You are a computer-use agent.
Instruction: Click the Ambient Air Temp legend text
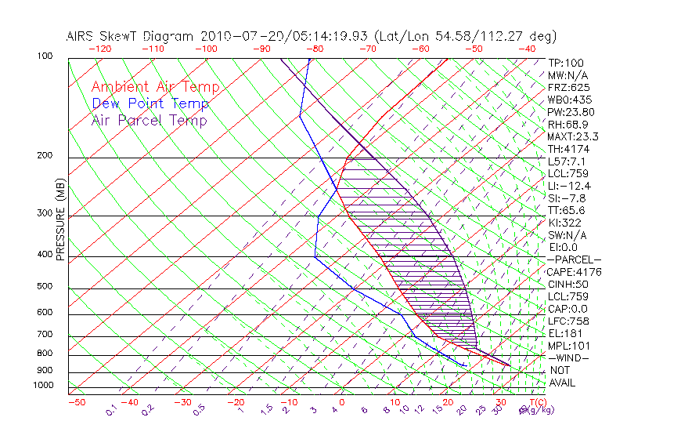tap(155, 87)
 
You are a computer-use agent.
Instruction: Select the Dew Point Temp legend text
tap(150, 103)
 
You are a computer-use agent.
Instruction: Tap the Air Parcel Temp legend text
tap(150, 120)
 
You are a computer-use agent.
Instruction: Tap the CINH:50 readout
tap(567, 284)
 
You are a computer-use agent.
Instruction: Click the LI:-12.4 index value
tap(569, 185)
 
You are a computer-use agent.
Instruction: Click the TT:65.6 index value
tap(567, 210)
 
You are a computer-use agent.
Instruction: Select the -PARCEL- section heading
tap(574, 259)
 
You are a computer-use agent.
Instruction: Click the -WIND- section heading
tap(567, 357)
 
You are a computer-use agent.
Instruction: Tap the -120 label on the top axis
tap(99, 48)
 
